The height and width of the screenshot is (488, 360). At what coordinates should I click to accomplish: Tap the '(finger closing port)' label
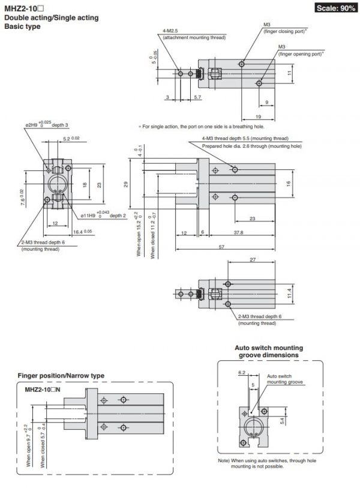tap(287, 31)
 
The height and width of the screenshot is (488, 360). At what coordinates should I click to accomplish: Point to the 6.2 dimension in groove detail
tap(242, 372)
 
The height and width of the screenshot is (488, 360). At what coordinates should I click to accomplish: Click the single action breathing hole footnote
tap(201, 127)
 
